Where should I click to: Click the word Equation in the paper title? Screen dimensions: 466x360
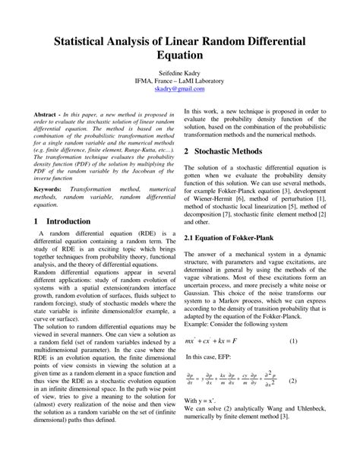[x=179, y=55]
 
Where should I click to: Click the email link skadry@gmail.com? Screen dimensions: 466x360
[x=179, y=89]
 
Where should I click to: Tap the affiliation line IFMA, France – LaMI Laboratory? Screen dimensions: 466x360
[x=179, y=81]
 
